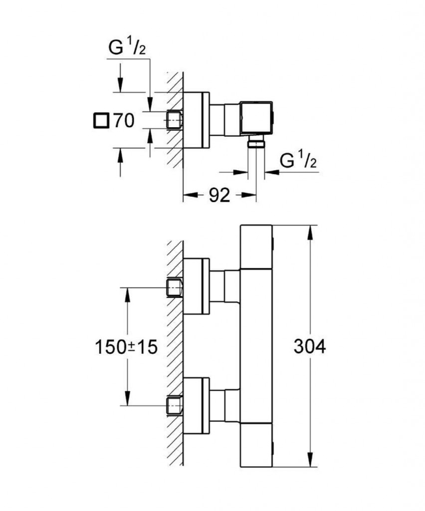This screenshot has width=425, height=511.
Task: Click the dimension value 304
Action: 309,346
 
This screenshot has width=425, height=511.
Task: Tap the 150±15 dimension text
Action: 126,346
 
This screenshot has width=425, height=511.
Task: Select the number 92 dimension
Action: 219,196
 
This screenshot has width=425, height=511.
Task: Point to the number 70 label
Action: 123,121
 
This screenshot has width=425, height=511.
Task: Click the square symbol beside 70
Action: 101,121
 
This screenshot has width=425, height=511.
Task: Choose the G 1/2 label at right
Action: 299,161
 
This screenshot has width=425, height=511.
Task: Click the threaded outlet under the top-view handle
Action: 257,143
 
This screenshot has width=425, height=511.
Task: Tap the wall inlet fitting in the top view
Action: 174,120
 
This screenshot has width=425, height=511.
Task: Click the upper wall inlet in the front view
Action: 174,287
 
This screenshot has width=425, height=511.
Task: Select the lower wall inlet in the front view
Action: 174,405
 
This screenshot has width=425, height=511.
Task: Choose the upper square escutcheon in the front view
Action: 197,286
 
